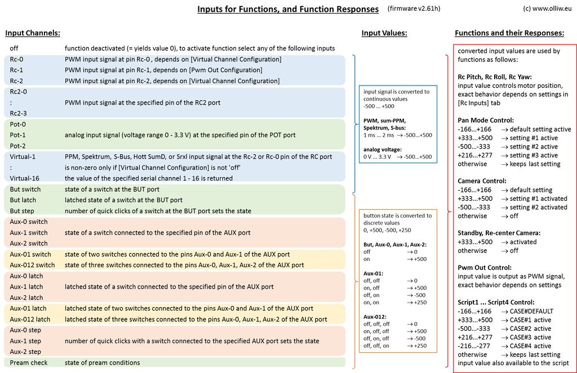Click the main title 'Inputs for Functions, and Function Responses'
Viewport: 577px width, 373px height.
288,10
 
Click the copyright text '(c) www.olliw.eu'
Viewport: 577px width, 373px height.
545,9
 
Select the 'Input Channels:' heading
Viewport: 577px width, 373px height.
33,33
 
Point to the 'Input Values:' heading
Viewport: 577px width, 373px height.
384,33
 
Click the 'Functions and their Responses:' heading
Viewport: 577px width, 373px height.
509,33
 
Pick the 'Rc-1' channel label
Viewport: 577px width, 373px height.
17,70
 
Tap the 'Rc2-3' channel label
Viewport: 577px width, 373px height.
18,113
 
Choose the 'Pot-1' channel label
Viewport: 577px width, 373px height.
18,135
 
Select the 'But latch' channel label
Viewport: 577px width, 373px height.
23,200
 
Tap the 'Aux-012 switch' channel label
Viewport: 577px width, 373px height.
32,265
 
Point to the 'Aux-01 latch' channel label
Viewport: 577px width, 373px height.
28,308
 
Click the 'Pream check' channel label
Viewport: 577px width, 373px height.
29,362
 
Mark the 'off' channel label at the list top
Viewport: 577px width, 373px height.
14,48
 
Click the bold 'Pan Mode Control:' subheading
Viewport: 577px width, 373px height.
486,120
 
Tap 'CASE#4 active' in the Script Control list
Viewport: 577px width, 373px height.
530,346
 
